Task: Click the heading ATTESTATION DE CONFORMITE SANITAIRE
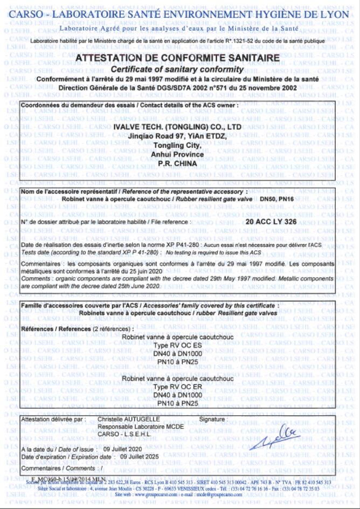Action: [178, 58]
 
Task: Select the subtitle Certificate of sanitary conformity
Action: [177, 70]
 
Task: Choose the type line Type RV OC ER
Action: [177, 387]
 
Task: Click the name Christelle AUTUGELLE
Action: [128, 419]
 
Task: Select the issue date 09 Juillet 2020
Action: [123, 449]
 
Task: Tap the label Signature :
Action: [213, 419]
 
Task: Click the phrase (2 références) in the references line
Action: [113, 328]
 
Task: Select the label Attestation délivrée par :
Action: [53, 419]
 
